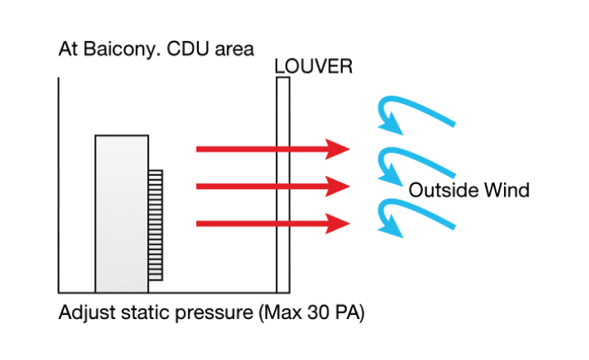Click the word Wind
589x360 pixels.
coord(508,191)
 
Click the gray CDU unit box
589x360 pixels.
coord(122,213)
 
